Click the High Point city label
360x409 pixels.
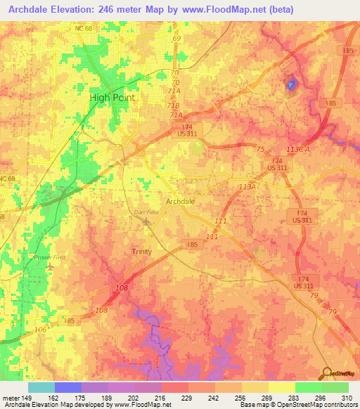point(112,98)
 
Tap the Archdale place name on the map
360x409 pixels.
point(180,201)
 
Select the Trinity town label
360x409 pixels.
point(142,251)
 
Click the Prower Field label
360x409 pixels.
point(50,257)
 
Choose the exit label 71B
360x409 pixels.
point(173,105)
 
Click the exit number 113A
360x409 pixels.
point(247,187)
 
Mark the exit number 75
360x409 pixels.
point(261,149)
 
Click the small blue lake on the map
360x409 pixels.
point(290,85)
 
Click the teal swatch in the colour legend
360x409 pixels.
point(41,387)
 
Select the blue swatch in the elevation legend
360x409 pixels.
point(68,387)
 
